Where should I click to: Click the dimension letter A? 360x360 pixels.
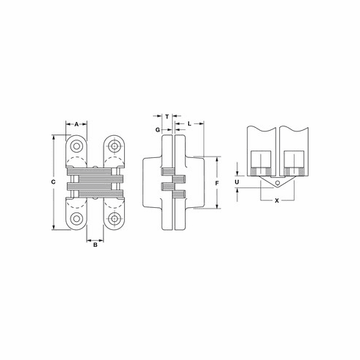[x=76, y=124]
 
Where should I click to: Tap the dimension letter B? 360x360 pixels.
[x=96, y=245]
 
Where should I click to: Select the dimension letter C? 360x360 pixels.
[x=53, y=182]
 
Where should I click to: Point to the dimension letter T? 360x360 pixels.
[x=167, y=117]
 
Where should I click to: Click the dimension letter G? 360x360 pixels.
[x=158, y=129]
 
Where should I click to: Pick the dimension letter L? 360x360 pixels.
[x=189, y=124]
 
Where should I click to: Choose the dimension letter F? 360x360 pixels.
[x=217, y=183]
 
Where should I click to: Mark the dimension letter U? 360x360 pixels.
[x=237, y=182]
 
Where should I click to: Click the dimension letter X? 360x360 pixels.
[x=277, y=201]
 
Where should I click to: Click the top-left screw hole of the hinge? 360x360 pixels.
[x=76, y=146]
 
